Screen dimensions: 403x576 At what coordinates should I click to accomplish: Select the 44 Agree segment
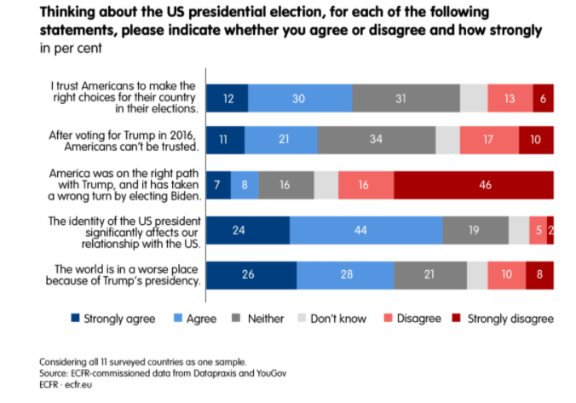click(x=366, y=230)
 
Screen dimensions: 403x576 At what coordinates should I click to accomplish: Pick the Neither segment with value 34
click(x=376, y=140)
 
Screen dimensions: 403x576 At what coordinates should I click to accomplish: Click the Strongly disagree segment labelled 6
click(x=544, y=98)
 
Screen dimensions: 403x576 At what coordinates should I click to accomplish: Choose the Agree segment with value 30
click(x=300, y=98)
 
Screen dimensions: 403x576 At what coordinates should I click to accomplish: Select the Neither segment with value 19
click(x=475, y=230)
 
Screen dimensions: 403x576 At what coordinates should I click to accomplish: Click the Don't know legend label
click(x=338, y=319)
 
